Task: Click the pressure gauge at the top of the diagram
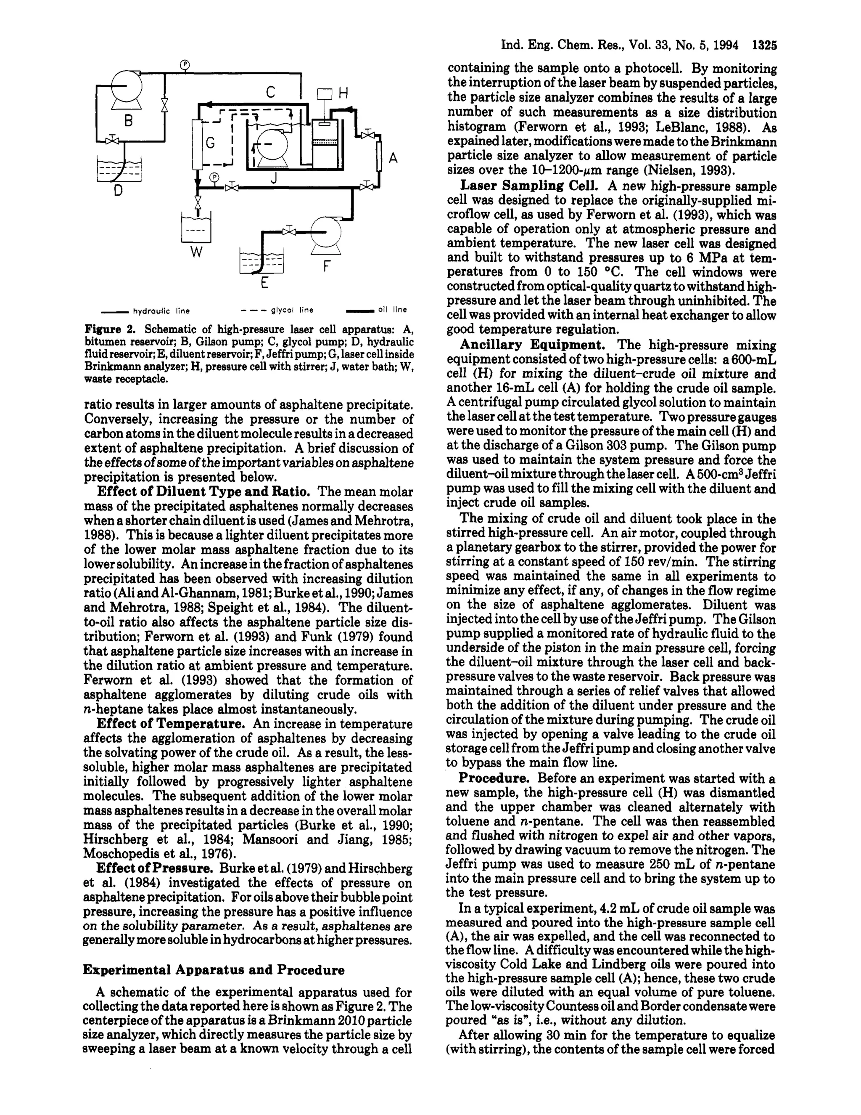point(185,64)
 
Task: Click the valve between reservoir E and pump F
point(290,232)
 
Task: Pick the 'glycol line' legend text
point(292,310)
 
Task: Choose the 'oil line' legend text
point(392,309)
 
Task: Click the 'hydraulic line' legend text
point(161,311)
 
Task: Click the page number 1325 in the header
point(764,45)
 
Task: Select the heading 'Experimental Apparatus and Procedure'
point(213,970)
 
